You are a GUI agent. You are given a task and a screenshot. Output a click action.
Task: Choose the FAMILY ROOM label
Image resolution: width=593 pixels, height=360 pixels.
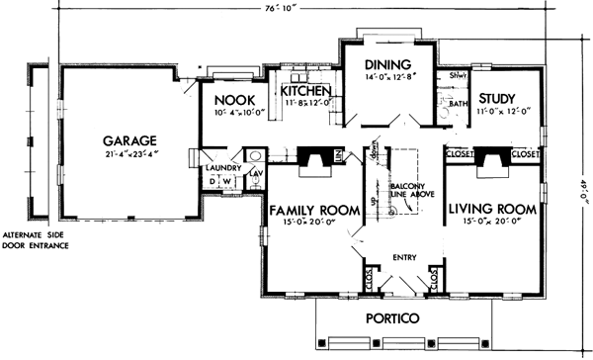pos(307,210)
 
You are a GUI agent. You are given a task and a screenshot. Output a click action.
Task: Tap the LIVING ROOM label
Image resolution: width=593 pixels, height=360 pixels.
pos(492,210)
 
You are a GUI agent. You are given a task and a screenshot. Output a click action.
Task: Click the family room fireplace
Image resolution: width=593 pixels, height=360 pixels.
pos(315,160)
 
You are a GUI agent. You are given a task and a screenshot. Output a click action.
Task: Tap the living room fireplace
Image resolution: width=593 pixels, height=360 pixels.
pos(491,160)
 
